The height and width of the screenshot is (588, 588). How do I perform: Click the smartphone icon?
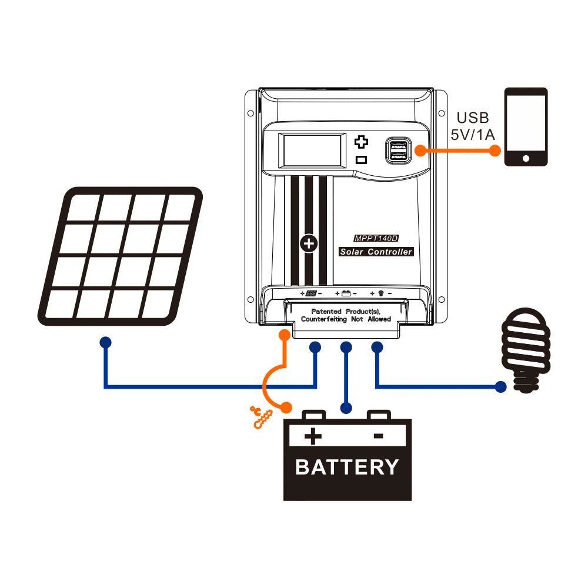526,126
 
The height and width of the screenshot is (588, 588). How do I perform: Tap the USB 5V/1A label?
473,126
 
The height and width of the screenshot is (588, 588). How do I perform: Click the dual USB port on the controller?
397,150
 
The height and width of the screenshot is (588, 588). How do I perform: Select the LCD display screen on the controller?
312,149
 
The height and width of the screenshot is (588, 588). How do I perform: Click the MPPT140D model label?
376,239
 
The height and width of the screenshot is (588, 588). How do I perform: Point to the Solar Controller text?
376,252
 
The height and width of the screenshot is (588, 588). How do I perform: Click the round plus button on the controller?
308,243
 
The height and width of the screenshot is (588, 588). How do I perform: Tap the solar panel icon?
121,256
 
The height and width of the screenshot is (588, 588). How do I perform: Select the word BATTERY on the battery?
347,467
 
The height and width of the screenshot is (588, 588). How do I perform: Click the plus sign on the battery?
313,436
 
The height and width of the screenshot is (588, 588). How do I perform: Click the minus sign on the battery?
379,436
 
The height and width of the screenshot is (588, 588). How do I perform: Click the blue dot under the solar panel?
105,342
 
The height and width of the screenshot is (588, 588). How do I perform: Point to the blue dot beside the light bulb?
500,387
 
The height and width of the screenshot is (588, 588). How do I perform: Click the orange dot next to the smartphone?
495,151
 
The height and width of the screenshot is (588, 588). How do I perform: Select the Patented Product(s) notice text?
346,315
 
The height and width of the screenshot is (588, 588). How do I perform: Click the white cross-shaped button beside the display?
362,142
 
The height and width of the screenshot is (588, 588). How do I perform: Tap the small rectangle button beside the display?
362,159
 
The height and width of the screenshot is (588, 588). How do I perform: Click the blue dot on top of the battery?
346,407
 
